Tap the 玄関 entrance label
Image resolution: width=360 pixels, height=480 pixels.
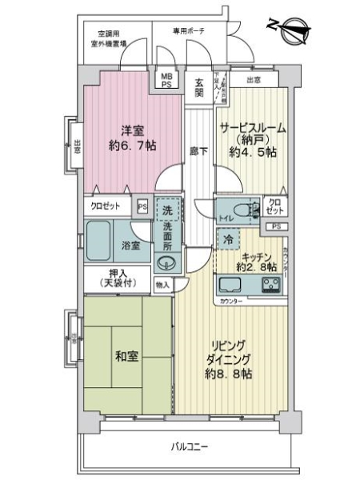click(199, 86)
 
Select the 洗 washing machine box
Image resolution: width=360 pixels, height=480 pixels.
click(167, 210)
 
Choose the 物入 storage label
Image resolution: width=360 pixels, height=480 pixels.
click(162, 284)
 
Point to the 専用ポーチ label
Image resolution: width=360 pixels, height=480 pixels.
click(189, 30)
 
